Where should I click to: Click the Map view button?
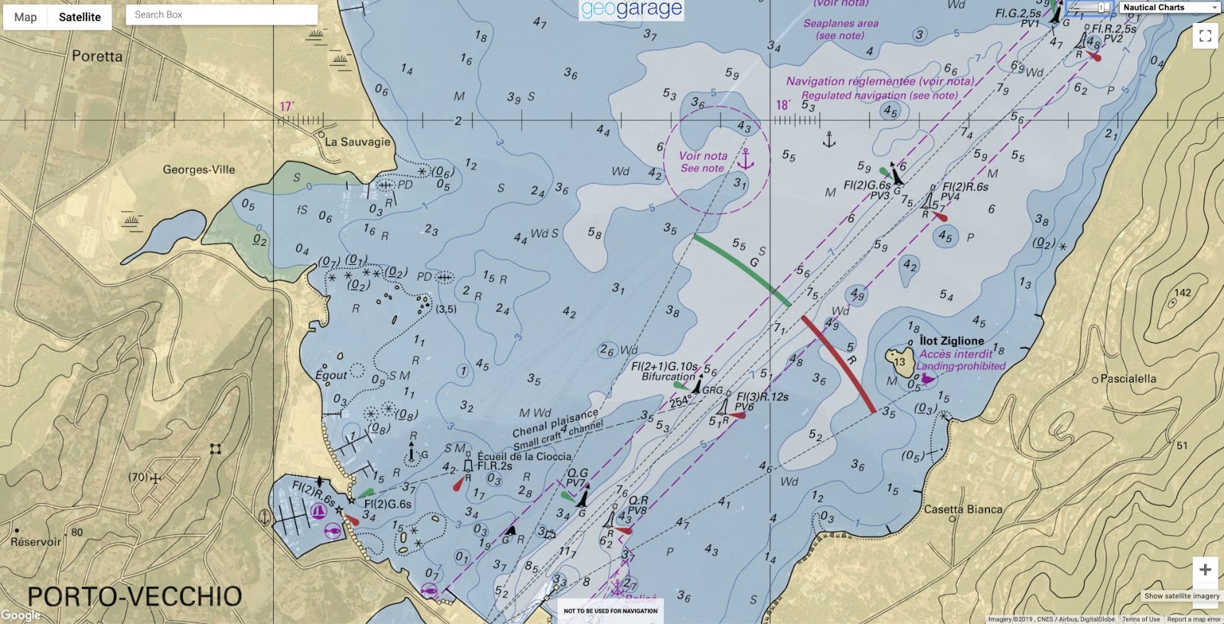click(25, 17)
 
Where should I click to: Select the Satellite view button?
click(80, 17)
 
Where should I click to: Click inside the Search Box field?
click(221, 15)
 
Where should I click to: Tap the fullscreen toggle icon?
click(1205, 36)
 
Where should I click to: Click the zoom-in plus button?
click(1205, 570)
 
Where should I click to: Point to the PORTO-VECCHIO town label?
click(135, 596)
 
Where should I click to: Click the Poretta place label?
click(97, 56)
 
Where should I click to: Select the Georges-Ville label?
click(199, 170)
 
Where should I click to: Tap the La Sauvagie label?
click(357, 142)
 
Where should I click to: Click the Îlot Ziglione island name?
click(952, 341)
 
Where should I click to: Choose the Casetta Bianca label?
click(963, 509)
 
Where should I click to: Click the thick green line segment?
click(741, 270)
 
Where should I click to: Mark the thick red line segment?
click(838, 364)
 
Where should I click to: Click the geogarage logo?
click(631, 10)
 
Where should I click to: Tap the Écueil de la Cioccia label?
click(524, 456)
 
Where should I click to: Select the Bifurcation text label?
click(669, 377)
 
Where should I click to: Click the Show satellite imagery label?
click(1182, 596)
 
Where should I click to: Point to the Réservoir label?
click(36, 542)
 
